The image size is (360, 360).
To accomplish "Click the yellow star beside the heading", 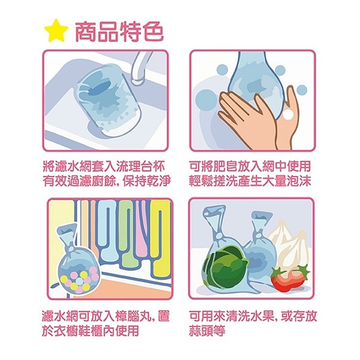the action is pos(56,31).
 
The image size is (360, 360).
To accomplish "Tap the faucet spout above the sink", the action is pos(140,68).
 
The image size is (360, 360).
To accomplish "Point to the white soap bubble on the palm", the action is pos(288,114).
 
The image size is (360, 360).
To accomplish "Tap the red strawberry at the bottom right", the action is pos(290,277).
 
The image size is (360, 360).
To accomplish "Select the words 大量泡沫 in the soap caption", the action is pos(287,181).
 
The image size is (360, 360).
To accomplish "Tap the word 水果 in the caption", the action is pos(262,316).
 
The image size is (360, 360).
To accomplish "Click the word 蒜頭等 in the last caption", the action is pos(207,331).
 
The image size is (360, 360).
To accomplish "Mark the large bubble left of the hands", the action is pos(207,98).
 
